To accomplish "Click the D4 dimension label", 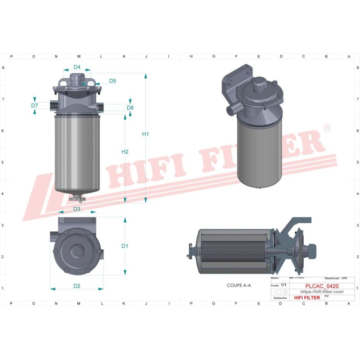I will click(x=77, y=67).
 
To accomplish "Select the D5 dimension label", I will click(x=112, y=81).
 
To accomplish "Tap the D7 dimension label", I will click(x=35, y=105).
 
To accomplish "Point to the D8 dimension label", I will click(x=130, y=108).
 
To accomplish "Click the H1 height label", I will click(x=145, y=134).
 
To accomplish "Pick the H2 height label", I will click(x=125, y=152).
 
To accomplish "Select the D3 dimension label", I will click(x=76, y=209).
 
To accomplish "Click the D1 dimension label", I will click(x=125, y=246).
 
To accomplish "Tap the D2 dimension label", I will click(x=76, y=286).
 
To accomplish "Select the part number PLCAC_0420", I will click(x=322, y=286).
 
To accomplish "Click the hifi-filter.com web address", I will click(x=322, y=292).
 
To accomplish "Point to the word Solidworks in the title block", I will click(x=280, y=298).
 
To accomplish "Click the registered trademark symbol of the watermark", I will click(x=327, y=129).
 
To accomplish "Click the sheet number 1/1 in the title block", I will click(x=283, y=285).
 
